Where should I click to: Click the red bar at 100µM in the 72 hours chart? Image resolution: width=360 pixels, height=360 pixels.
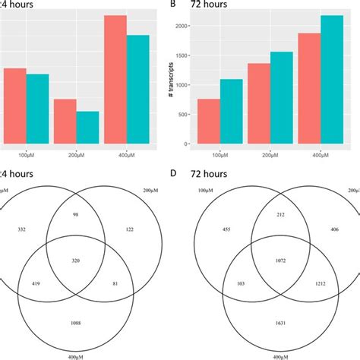tap(209, 122)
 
